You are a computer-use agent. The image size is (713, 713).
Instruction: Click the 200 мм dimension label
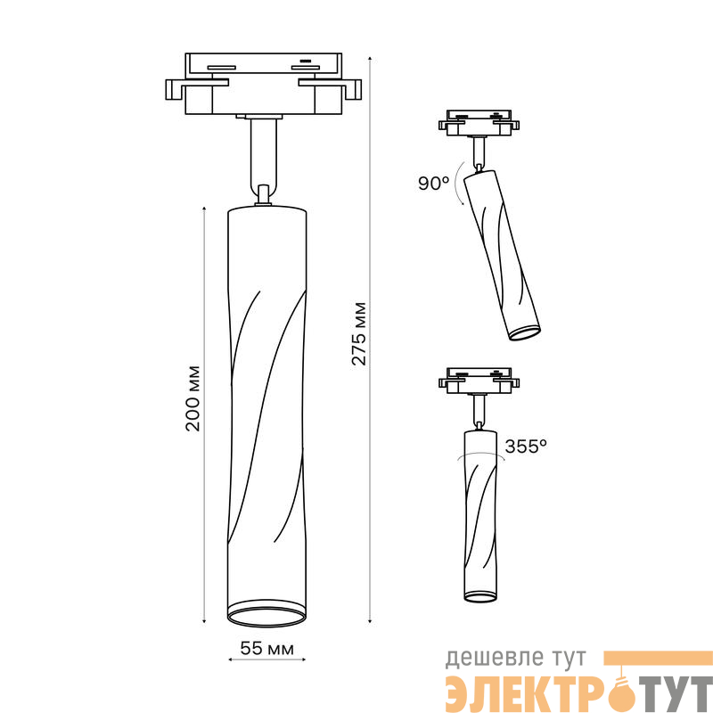[x=193, y=397]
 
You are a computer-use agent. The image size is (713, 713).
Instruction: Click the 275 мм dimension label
[x=359, y=333]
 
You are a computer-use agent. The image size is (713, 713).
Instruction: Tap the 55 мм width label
[x=266, y=648]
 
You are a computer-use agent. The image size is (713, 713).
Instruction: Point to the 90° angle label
[x=433, y=184]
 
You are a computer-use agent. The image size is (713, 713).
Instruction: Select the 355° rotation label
[x=526, y=447]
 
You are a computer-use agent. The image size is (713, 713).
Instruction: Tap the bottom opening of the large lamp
[x=266, y=619]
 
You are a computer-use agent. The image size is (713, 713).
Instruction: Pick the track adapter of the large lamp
[x=263, y=84]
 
